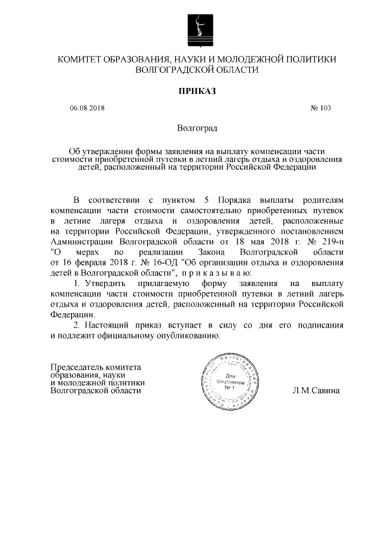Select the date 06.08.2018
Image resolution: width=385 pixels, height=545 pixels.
point(87,109)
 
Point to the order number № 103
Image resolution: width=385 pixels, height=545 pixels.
point(321,109)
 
